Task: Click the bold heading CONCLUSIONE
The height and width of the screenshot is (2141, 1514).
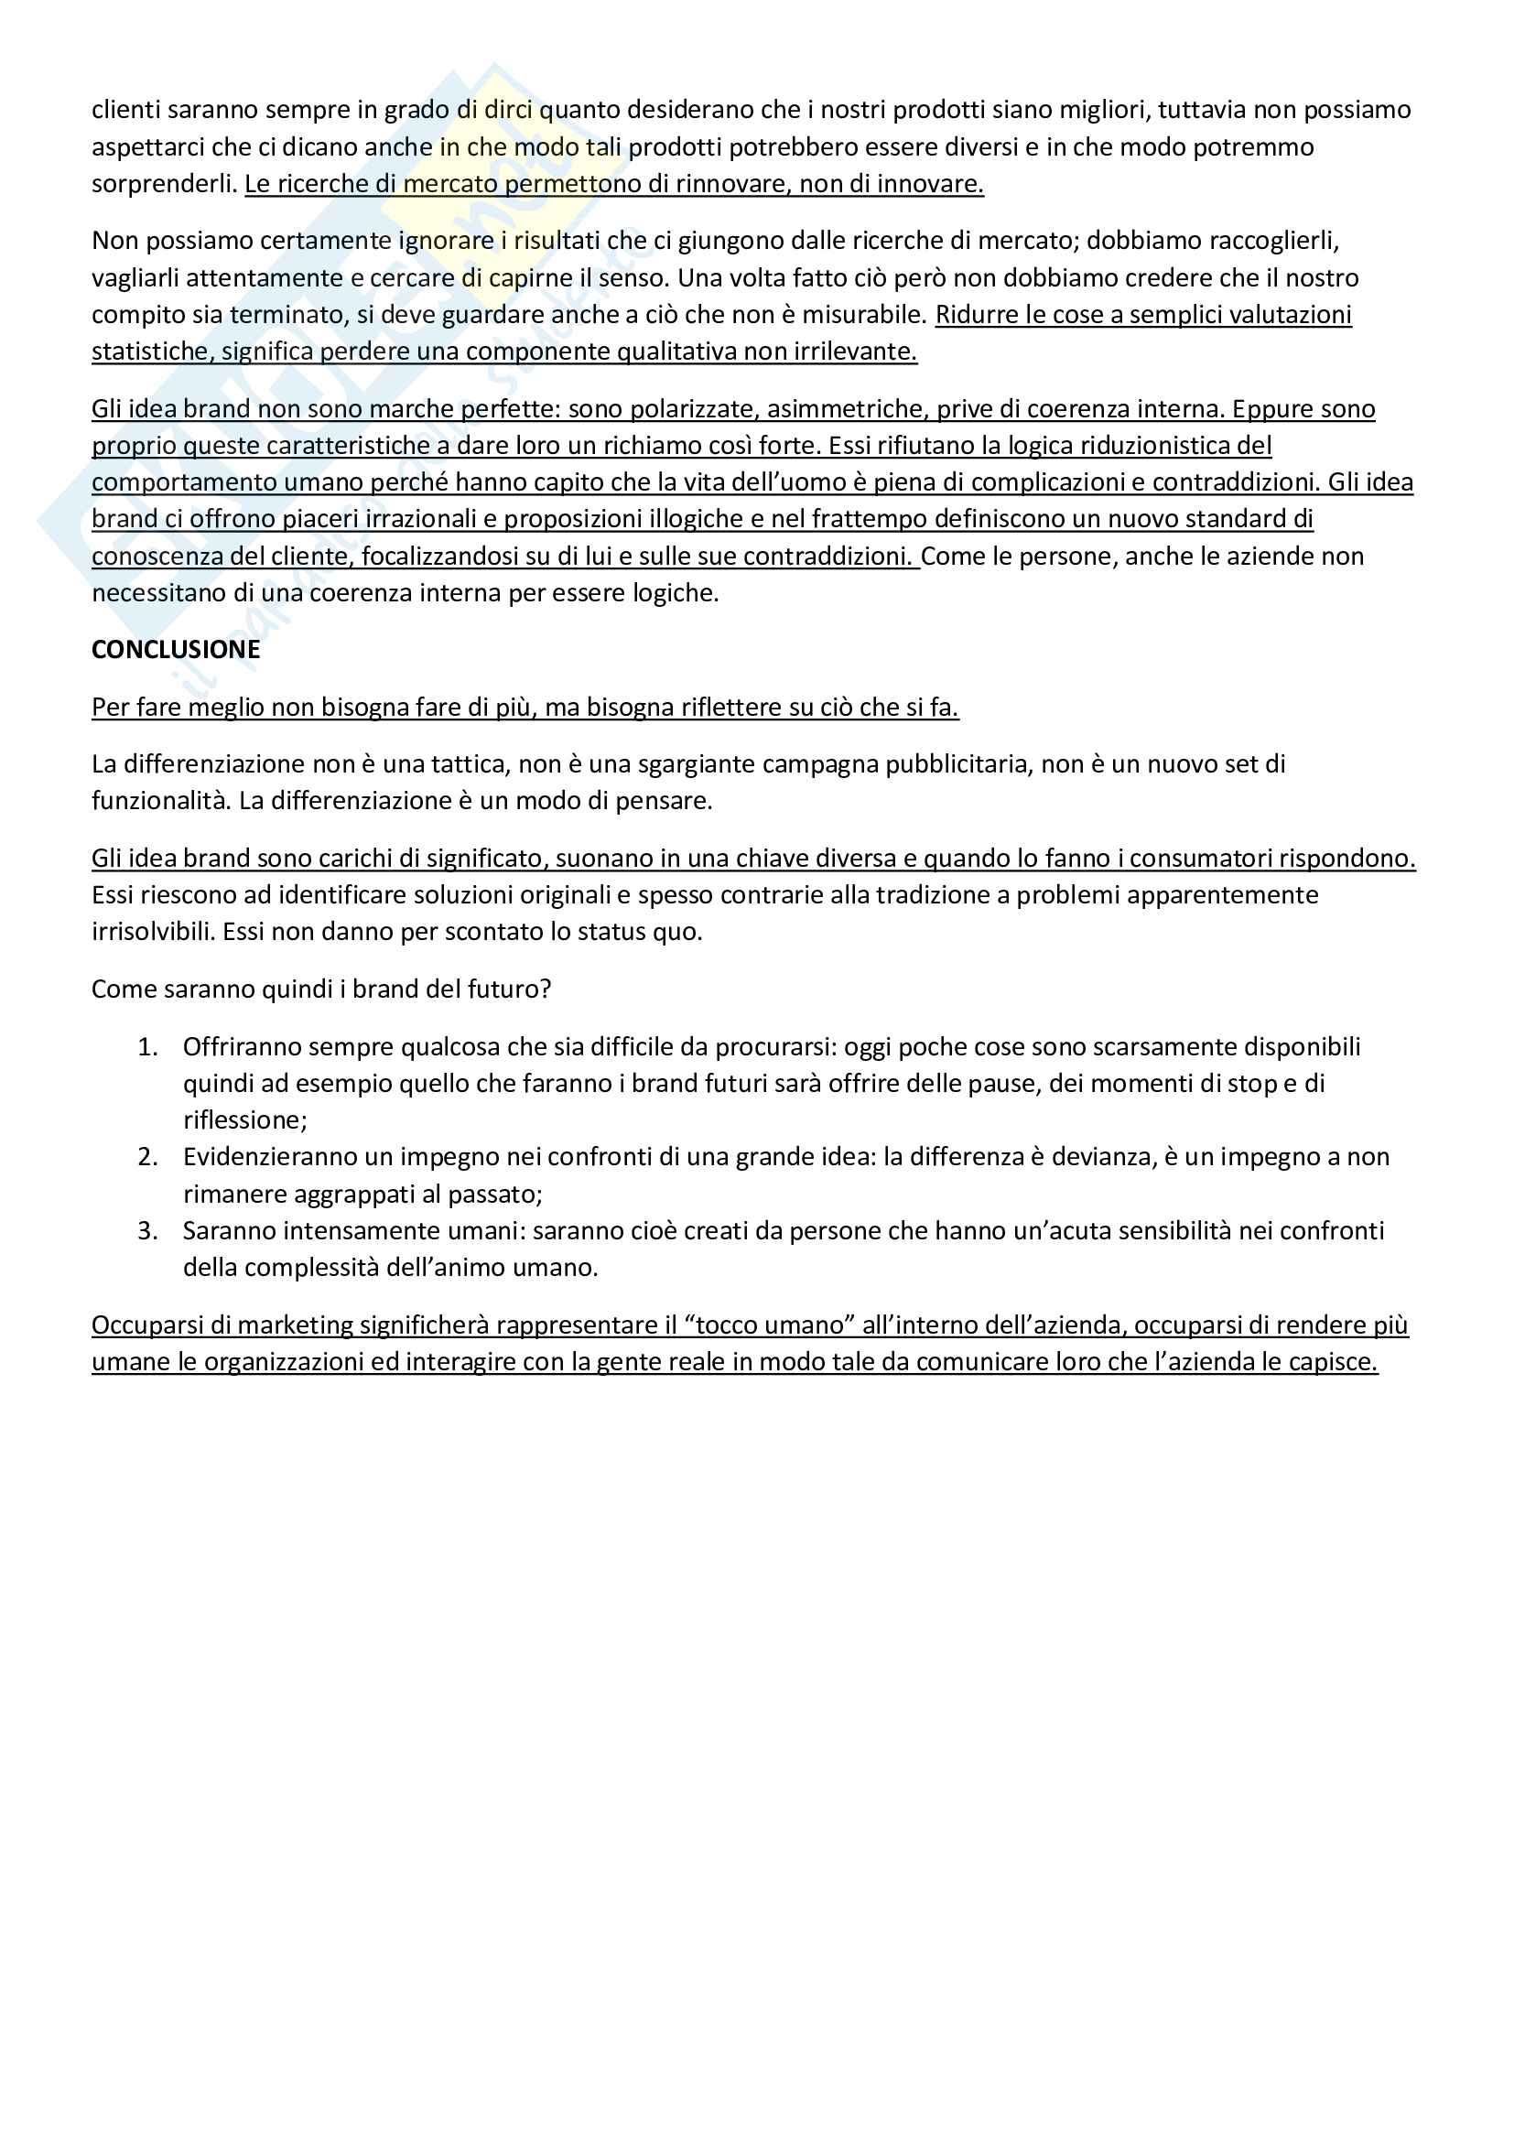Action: point(175,650)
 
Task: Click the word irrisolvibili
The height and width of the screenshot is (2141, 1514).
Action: point(153,933)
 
